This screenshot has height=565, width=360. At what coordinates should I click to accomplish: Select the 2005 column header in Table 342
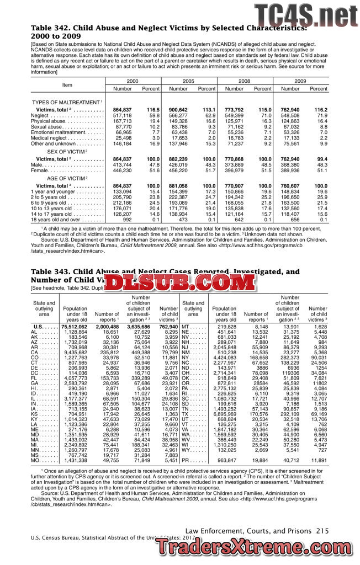click(x=188, y=81)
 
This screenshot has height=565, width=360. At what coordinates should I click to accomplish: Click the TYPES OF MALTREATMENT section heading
click(x=67, y=102)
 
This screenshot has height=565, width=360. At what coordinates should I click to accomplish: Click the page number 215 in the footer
click(x=322, y=530)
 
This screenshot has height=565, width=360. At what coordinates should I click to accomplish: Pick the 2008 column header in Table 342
click(x=244, y=81)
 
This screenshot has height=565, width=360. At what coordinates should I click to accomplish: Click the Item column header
click(x=67, y=84)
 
